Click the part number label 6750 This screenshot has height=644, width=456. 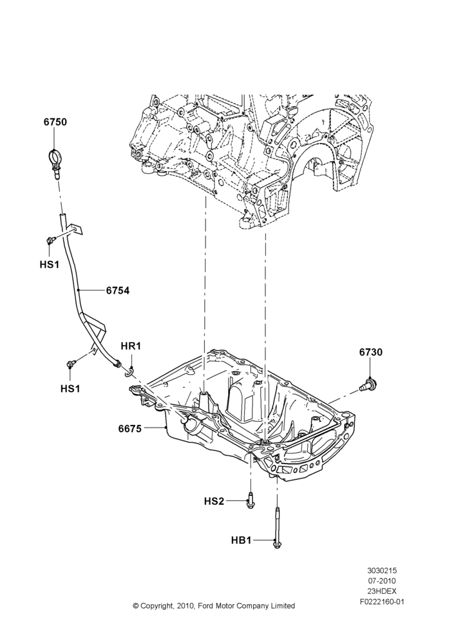pos(55,122)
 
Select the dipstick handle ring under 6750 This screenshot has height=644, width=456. pos(54,158)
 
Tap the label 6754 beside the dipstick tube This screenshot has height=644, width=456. pos(117,290)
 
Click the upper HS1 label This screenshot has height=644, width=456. pos(50,265)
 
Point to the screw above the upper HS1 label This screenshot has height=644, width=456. pos(50,240)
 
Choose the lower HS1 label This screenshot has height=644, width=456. pos(70,388)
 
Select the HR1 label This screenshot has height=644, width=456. pos(131,346)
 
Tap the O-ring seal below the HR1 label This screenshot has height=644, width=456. pos(129,372)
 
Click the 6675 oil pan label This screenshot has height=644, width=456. pos(130,429)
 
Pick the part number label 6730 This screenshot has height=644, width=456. pos(370,352)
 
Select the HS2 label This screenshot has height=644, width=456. pos(214,501)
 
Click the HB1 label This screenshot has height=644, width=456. pos(241,540)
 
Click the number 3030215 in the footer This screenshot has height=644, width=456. pos(382,571)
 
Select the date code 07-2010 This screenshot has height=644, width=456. pos(382,581)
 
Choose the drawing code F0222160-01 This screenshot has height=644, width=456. pos(382,601)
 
